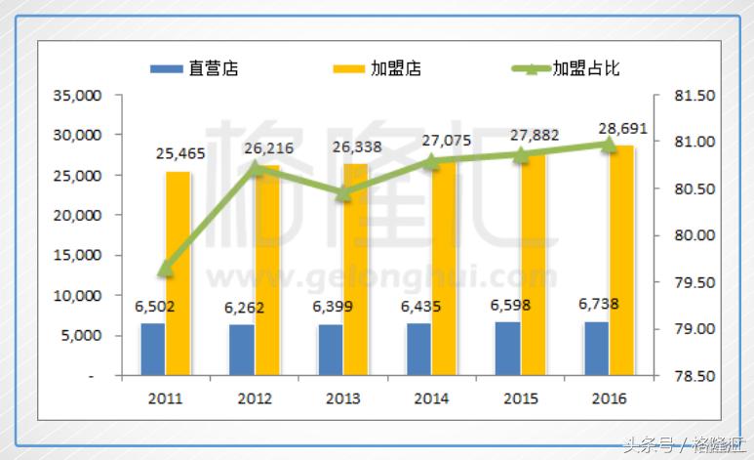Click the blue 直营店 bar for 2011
tap(152, 349)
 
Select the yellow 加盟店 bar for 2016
tap(621, 260)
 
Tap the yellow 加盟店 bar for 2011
tap(178, 273)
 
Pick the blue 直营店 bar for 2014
tap(418, 349)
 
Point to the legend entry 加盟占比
tap(567, 69)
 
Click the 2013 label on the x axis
tap(342, 398)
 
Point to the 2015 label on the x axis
tap(520, 398)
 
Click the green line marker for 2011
tap(166, 268)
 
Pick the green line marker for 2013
tap(343, 193)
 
